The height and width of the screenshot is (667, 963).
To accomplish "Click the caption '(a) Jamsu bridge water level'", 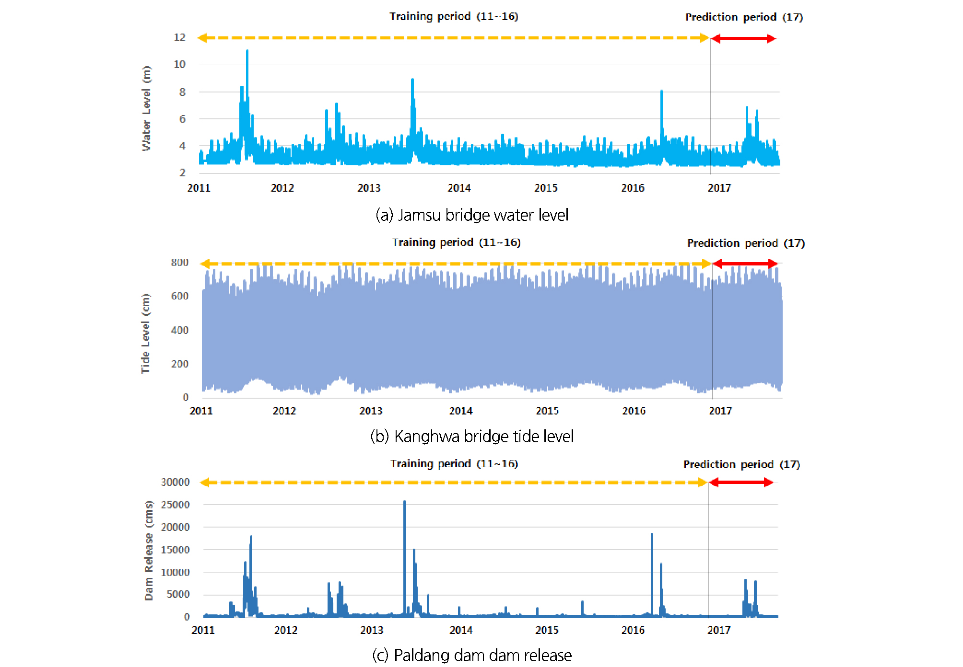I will [x=472, y=215].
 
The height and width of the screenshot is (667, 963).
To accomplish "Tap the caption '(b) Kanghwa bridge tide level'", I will [x=472, y=437].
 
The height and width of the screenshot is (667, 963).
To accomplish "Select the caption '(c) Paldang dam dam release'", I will [x=472, y=655].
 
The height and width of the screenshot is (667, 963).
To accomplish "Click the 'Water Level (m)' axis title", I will [x=146, y=108].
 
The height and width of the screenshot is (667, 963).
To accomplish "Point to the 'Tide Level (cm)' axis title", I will [x=145, y=333].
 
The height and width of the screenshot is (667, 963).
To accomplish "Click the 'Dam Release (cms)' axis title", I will [x=149, y=551].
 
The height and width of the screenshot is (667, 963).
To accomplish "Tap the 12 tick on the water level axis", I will [x=179, y=37].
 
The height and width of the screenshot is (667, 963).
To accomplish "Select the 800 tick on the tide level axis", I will [x=179, y=263].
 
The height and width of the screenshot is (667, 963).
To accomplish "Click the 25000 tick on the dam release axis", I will [x=175, y=505].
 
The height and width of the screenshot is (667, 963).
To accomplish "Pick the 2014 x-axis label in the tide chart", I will [x=460, y=411].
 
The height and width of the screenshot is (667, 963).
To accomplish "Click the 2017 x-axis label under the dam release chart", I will [x=719, y=630].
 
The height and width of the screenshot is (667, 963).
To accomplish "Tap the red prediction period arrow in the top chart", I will [x=743, y=39].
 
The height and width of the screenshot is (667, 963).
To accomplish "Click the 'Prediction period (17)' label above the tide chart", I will [x=746, y=243].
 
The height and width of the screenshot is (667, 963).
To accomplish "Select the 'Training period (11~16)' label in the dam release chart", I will [x=454, y=464].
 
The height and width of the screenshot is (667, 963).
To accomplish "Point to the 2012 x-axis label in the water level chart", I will [x=282, y=188].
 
